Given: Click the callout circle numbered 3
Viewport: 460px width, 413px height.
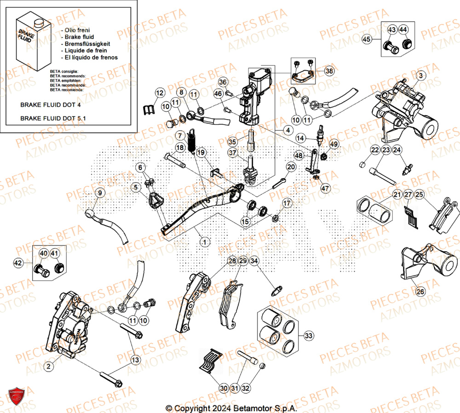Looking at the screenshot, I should click(x=420, y=75).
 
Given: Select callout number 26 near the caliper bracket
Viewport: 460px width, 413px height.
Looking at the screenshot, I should click(x=419, y=291).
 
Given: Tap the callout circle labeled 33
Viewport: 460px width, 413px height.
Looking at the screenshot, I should click(x=309, y=336).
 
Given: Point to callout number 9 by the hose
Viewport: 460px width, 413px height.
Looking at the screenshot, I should click(x=101, y=193).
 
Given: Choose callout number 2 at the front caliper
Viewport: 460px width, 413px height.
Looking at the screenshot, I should click(x=48, y=366).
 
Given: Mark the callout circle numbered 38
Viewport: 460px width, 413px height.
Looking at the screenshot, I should click(x=329, y=71).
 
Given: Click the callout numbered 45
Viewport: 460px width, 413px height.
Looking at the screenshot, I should click(x=366, y=40).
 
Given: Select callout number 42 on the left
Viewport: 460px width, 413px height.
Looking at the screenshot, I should click(x=18, y=263).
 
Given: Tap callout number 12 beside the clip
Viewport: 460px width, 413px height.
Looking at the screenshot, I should click(x=159, y=93).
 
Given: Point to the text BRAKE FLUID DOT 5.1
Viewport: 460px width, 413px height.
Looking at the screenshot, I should click(x=53, y=118).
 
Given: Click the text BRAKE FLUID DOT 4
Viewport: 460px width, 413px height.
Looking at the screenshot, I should click(x=51, y=105).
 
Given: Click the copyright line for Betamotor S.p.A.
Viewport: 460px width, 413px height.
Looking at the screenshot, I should click(x=231, y=408).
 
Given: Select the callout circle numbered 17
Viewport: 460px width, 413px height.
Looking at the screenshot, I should click(x=287, y=203).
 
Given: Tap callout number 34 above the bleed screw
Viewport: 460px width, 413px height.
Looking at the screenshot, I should click(x=254, y=261).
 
